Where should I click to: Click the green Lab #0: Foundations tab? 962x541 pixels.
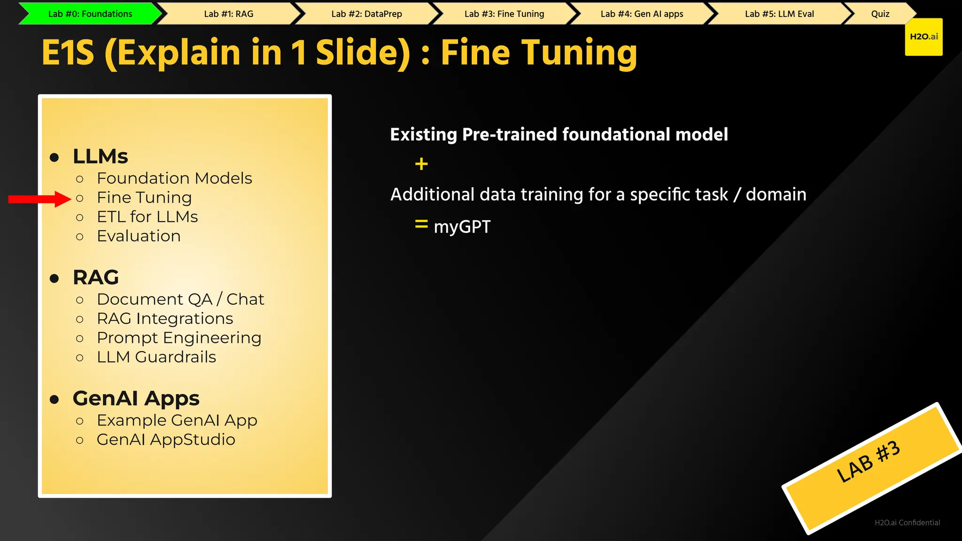90,14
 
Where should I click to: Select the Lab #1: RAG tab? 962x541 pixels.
229,14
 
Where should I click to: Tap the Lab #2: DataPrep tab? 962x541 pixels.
366,14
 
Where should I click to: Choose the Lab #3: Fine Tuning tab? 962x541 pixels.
504,14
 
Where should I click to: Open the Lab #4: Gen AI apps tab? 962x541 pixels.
642,14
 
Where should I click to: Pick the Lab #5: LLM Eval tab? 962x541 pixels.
779,14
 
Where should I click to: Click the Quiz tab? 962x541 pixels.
880,14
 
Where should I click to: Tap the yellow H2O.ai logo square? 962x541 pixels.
923,37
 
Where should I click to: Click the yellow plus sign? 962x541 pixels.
421,164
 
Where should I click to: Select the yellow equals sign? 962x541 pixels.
421,224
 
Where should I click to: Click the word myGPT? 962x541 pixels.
462,227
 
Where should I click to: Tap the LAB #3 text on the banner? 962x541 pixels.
869,462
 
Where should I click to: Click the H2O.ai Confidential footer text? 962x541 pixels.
907,523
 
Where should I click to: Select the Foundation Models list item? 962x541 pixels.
174,178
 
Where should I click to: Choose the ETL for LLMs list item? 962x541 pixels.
147,217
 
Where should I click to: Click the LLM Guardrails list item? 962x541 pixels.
156,357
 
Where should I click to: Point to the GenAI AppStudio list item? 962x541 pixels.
166,440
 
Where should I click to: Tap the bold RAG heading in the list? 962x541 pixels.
96,278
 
